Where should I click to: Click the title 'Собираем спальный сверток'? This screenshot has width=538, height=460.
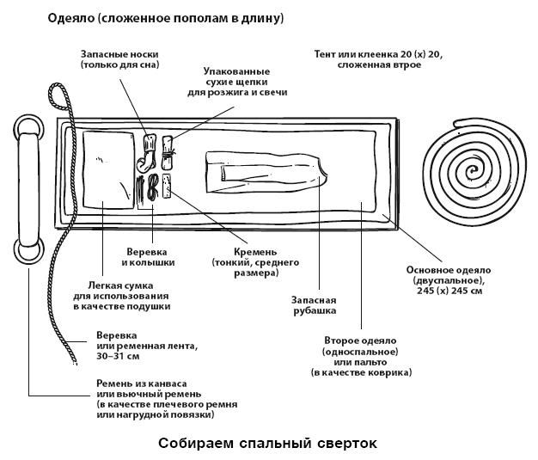[x=267, y=444]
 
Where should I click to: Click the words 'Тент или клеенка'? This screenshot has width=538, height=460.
[x=367, y=54]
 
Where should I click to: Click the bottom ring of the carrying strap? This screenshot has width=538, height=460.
[x=30, y=251]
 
